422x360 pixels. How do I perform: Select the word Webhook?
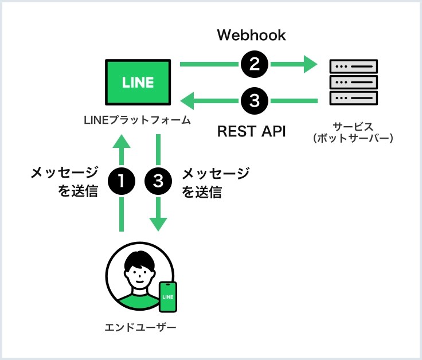(251, 36)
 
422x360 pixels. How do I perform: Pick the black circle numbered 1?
(122, 182)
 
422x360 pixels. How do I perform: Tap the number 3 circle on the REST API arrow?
(255, 101)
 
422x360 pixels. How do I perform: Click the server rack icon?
(353, 83)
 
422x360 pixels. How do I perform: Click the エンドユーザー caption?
(140, 327)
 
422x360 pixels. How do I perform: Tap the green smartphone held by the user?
(167, 297)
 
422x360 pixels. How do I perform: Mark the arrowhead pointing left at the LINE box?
(188, 101)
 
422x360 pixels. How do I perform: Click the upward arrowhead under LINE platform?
(122, 142)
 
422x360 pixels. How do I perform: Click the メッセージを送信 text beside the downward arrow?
(215, 182)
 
